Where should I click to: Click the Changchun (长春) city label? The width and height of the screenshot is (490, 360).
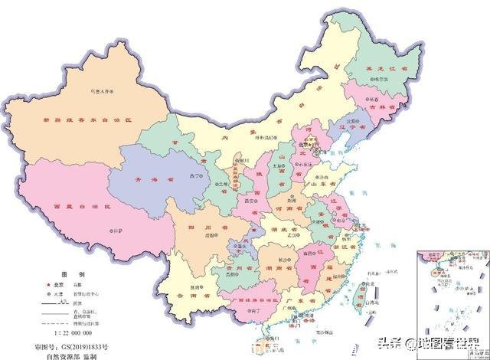pos(373,99)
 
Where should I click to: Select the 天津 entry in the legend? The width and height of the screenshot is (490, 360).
pos(64,293)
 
